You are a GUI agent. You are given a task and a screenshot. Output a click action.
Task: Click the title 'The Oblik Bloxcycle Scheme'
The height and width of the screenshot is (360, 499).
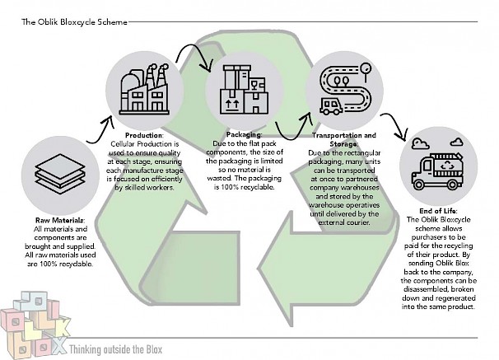click(75, 22)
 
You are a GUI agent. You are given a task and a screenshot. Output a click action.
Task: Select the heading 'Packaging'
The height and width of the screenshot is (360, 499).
click(243, 134)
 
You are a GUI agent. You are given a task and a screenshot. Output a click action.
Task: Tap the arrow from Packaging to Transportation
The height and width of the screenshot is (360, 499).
click(291, 130)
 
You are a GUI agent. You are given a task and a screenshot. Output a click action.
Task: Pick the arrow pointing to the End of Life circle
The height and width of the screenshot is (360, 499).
click(400, 128)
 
